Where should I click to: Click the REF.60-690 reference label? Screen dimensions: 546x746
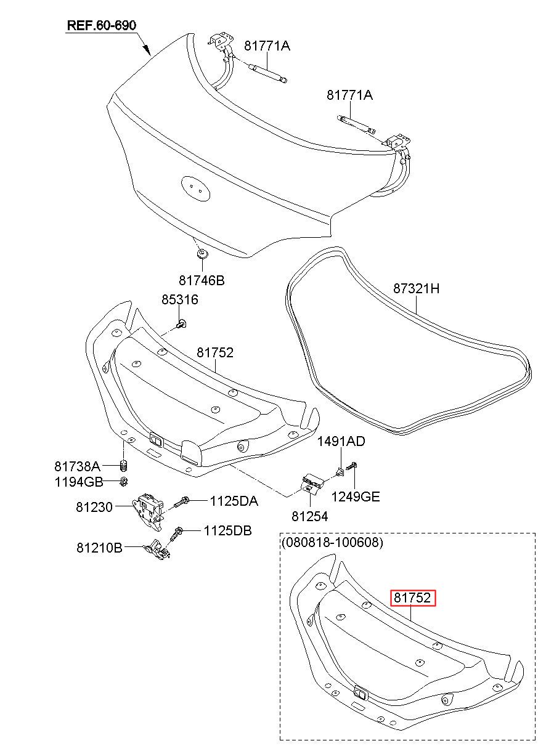[102, 25]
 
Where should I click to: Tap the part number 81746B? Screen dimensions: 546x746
[202, 280]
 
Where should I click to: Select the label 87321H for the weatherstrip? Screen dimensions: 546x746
[416, 288]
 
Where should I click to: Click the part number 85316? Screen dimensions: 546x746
[180, 299]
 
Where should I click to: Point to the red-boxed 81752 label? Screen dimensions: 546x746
[412, 598]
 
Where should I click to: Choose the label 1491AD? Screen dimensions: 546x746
[341, 441]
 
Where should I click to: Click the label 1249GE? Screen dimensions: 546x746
[356, 497]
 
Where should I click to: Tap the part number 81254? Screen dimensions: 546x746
[310, 516]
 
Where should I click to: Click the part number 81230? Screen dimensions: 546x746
[94, 507]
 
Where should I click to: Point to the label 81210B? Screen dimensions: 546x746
[100, 548]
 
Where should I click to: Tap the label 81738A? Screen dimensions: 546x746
[77, 466]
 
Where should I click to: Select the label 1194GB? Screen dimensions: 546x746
[79, 482]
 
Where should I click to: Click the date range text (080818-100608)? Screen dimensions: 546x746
[332, 543]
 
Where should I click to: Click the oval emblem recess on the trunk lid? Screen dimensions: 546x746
[195, 189]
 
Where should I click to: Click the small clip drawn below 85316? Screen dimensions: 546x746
[181, 323]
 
